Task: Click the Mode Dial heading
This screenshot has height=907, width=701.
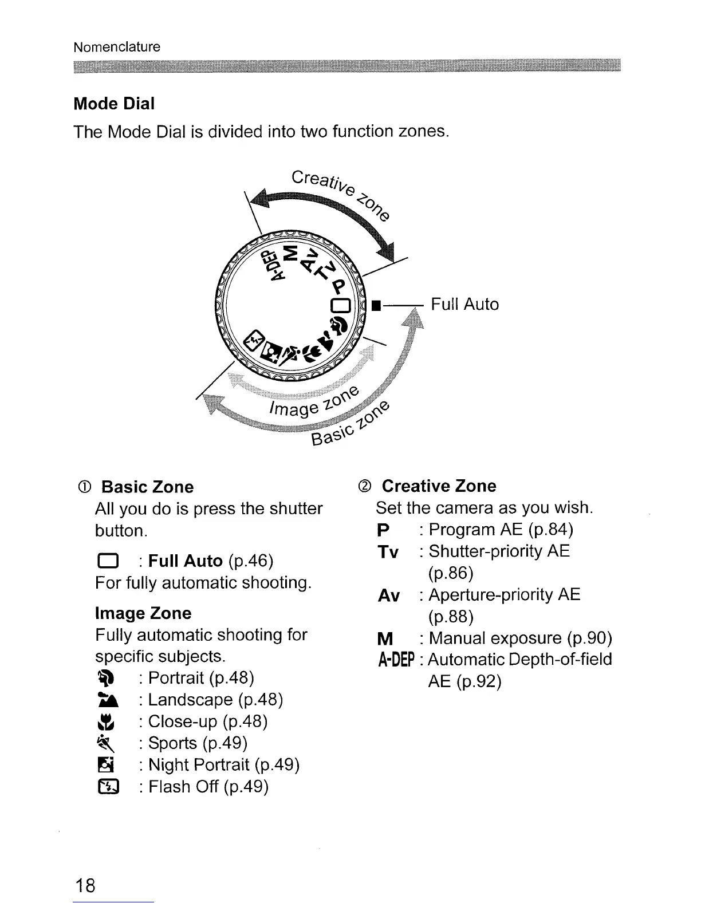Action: click(x=114, y=104)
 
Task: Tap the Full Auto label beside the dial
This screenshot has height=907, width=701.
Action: click(x=464, y=304)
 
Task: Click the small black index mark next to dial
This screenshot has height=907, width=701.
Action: click(x=376, y=305)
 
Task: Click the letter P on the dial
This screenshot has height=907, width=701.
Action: click(x=340, y=286)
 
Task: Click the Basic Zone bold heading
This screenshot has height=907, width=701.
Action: click(x=147, y=487)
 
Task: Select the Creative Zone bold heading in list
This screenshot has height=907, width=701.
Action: click(x=439, y=486)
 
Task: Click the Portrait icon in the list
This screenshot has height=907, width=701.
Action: click(x=107, y=678)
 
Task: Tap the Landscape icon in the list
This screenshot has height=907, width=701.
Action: click(x=107, y=700)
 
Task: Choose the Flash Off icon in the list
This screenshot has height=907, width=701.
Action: click(x=107, y=787)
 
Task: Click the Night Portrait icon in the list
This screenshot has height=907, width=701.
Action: click(x=107, y=765)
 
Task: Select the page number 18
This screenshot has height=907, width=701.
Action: click(x=85, y=885)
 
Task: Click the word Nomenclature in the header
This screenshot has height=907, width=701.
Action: click(x=117, y=47)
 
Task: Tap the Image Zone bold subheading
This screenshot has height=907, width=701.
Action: click(x=143, y=613)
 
